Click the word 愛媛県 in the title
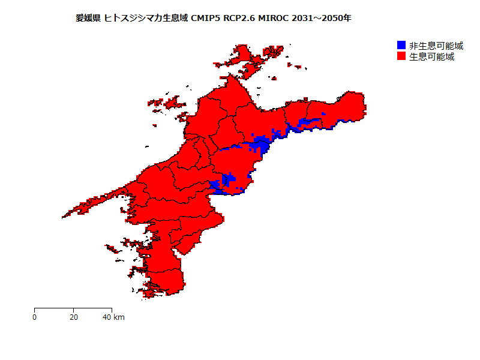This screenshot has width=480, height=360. [88, 19]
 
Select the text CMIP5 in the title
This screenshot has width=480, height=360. [206, 19]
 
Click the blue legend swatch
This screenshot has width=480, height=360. [401, 46]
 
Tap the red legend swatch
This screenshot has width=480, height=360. [401, 56]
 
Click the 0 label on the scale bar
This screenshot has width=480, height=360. [34, 317]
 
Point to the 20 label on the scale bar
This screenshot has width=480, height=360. [73, 317]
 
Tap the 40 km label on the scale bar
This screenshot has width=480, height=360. [113, 317]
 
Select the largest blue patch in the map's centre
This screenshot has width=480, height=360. [260, 145]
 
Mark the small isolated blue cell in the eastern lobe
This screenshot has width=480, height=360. [323, 113]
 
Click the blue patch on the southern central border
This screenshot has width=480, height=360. [227, 183]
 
